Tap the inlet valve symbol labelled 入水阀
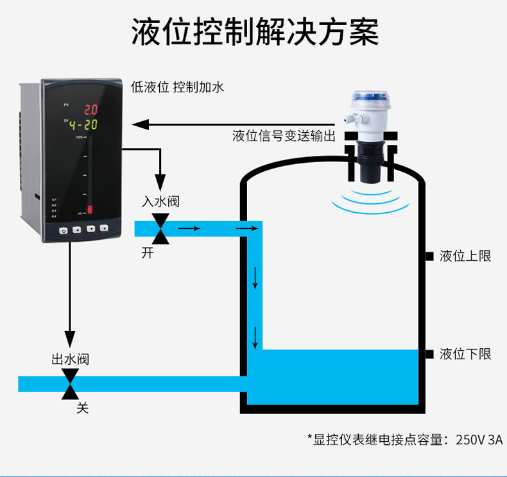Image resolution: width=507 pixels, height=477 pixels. (160, 229)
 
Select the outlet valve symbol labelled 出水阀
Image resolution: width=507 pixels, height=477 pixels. (70, 384)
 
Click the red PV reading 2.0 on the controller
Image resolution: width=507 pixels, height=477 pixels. (90, 110)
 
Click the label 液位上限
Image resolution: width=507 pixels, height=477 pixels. (465, 256)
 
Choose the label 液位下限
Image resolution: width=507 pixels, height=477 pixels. (465, 353)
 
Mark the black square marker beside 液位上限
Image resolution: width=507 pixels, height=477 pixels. (429, 256)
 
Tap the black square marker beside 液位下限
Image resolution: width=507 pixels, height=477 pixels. (429, 353)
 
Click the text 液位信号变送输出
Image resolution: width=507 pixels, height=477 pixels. (284, 136)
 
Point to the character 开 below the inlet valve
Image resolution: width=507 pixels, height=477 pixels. (148, 253)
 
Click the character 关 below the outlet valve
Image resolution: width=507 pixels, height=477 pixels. (82, 408)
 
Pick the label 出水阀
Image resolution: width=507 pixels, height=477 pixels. (70, 359)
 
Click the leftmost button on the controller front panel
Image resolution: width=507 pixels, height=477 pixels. (64, 230)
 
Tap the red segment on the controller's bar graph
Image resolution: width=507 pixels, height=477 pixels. (90, 209)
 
